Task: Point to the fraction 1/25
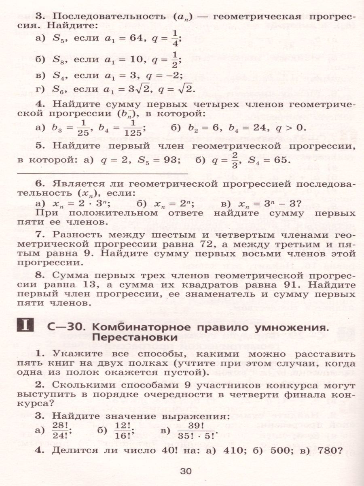click(84, 128)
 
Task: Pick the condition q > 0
click(289, 128)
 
